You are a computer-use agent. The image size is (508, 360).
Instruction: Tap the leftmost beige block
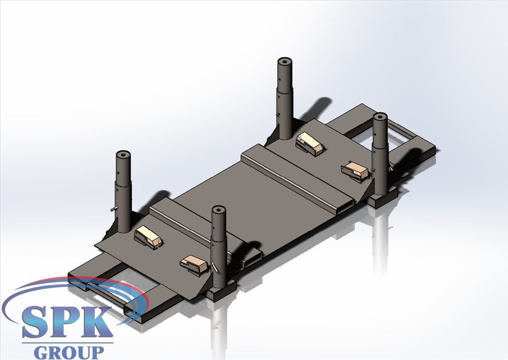point(148,237)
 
